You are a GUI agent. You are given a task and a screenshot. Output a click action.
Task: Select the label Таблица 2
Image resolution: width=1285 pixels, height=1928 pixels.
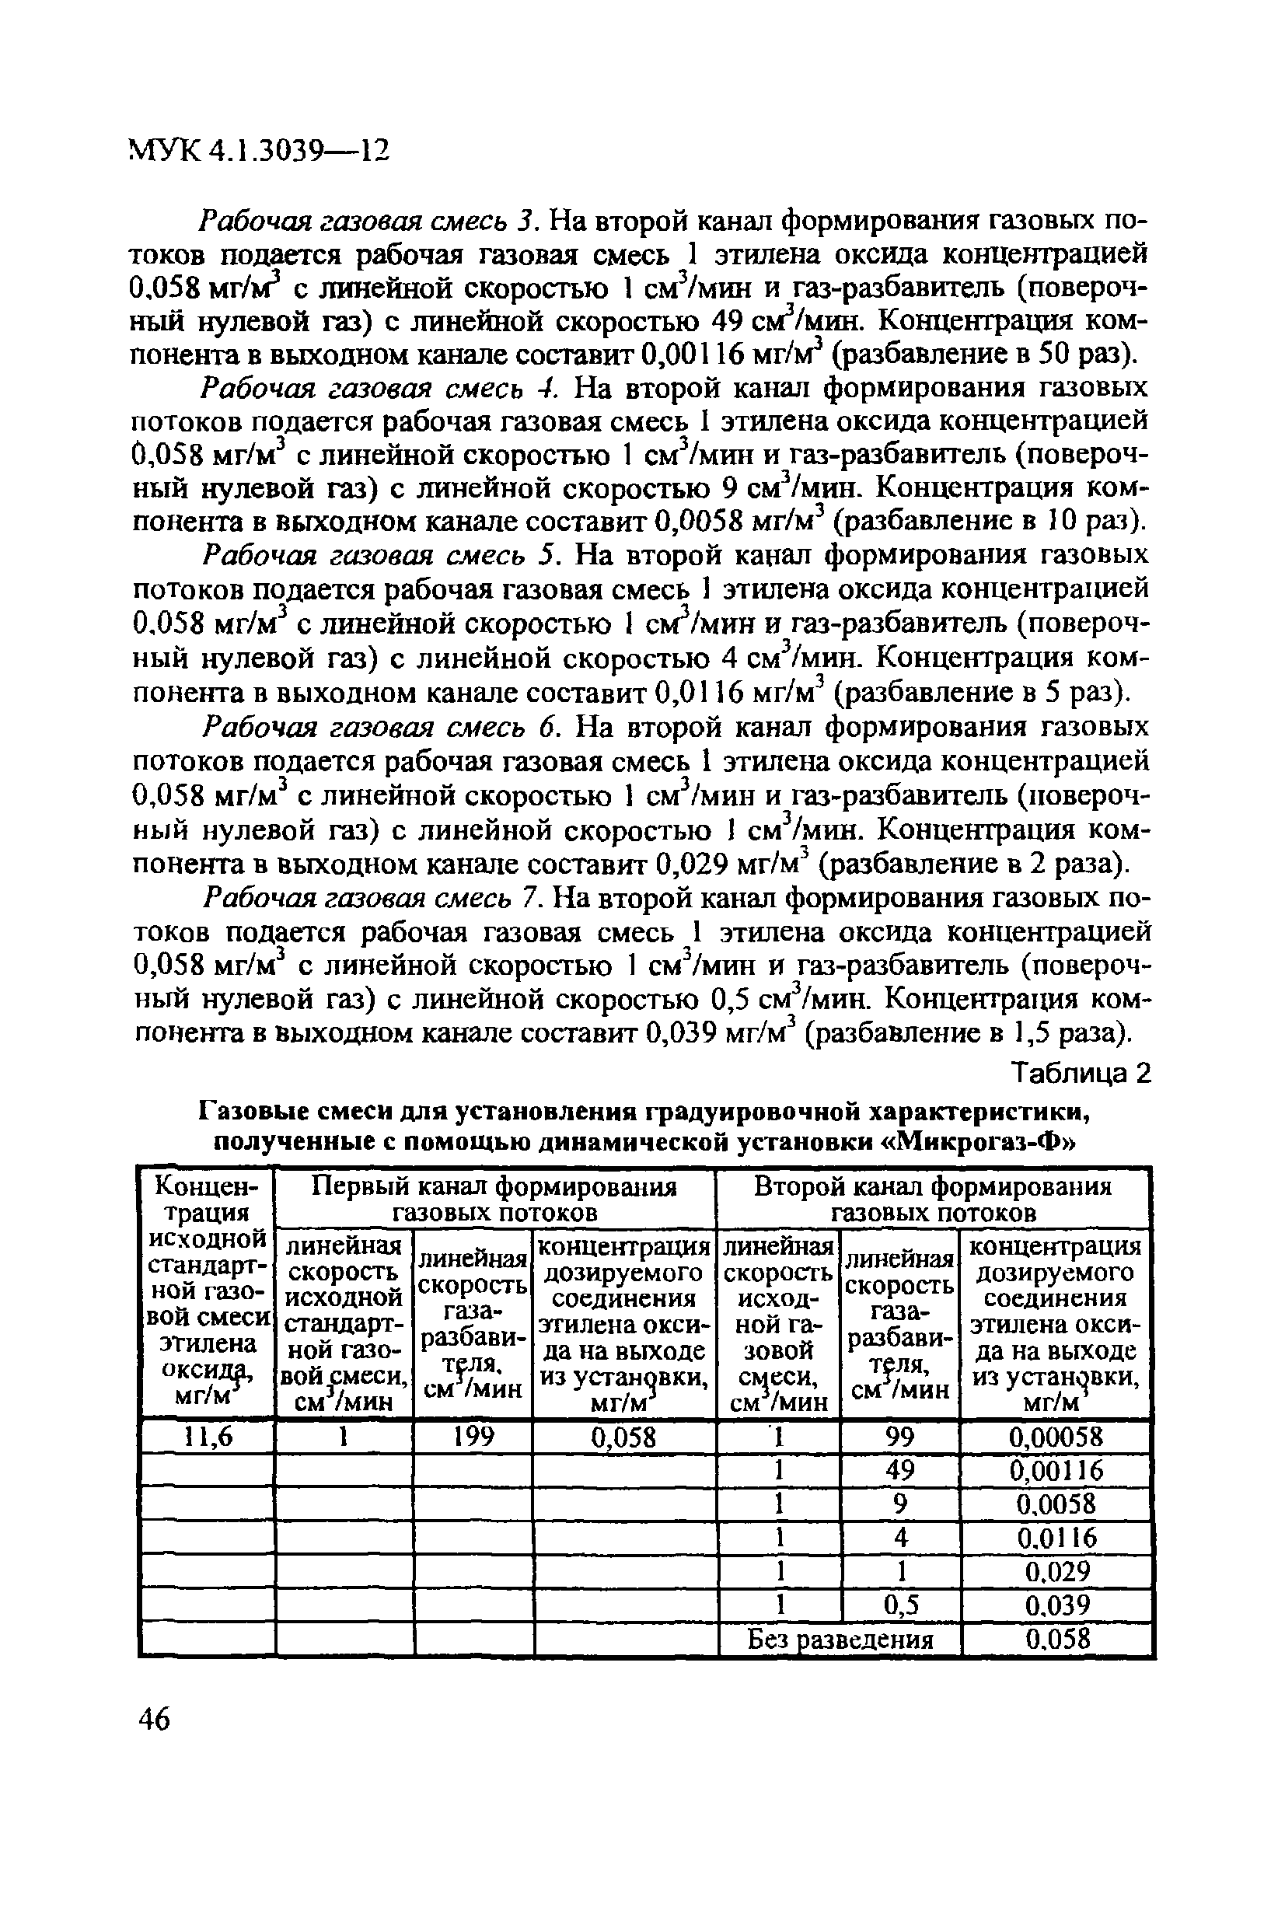[x=1082, y=1073]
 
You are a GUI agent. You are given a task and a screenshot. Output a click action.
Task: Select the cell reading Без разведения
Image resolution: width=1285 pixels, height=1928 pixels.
[x=840, y=1639]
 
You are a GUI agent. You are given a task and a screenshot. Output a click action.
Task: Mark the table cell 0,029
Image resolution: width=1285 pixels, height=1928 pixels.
[x=1057, y=1572]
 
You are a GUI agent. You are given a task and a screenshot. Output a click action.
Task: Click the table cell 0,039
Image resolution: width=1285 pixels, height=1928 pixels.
[x=1057, y=1605]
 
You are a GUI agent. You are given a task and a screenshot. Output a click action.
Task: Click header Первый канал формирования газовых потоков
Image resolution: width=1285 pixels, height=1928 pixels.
[x=496, y=1199]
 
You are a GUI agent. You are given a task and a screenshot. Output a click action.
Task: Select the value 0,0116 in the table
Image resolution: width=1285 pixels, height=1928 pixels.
[x=1057, y=1538]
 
